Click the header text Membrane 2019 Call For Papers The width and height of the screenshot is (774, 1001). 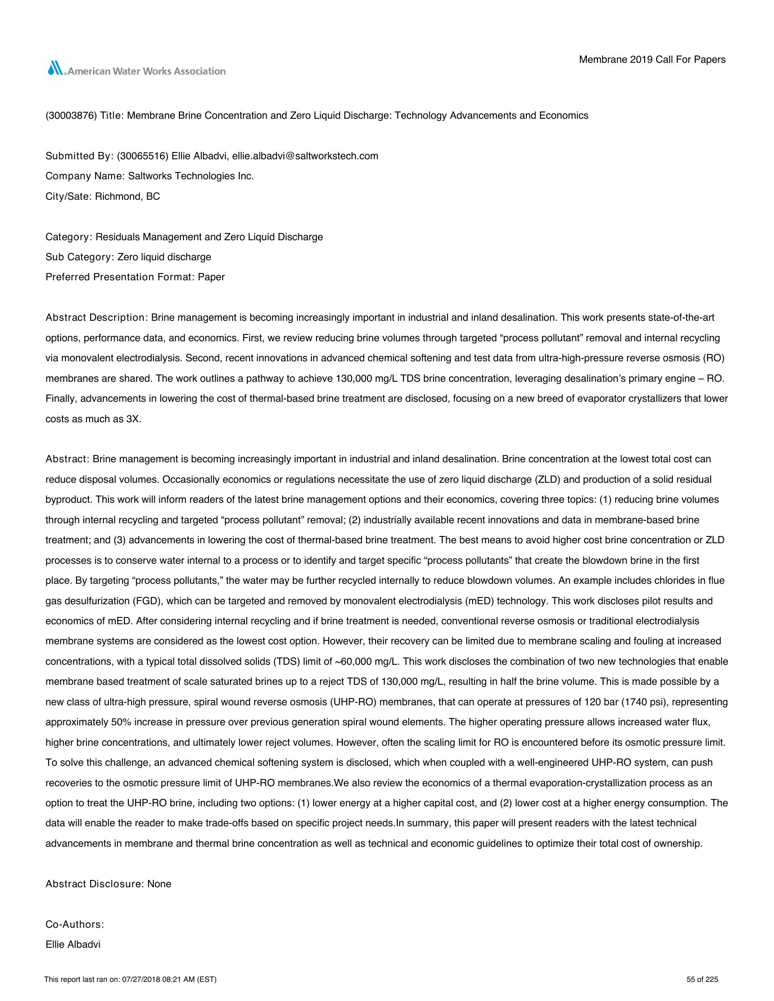(652, 60)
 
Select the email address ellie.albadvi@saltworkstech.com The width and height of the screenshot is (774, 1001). (305, 156)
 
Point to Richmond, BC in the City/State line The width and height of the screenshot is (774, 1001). (127, 197)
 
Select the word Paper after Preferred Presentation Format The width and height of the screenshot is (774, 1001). (211, 277)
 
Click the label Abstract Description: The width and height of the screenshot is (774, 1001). (96, 318)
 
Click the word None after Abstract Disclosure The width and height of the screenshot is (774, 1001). (159, 884)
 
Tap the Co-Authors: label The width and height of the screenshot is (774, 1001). (75, 925)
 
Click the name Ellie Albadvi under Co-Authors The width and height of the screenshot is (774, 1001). (73, 945)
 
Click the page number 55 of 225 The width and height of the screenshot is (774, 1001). (702, 980)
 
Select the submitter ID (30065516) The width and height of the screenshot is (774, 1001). (143, 156)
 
